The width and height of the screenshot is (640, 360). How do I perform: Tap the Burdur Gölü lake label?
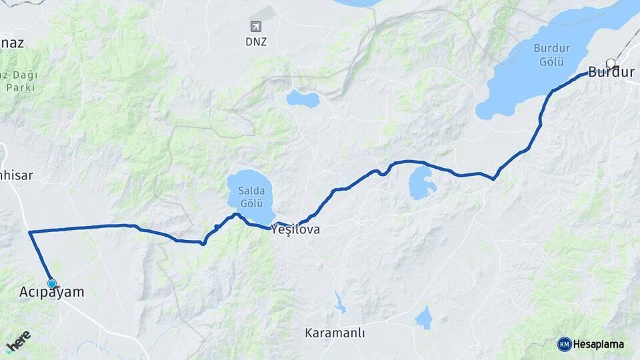pyautogui.click(x=549, y=55)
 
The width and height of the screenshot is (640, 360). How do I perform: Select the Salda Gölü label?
pyautogui.click(x=251, y=197)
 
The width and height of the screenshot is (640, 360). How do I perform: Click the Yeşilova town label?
pyautogui.click(x=295, y=230)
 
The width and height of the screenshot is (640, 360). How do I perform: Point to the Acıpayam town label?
pyautogui.click(x=52, y=293)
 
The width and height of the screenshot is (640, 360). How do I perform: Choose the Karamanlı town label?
pyautogui.click(x=335, y=333)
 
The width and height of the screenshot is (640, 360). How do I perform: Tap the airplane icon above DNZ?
pyautogui.click(x=255, y=27)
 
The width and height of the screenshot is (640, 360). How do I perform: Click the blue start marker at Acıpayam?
pyautogui.click(x=52, y=283)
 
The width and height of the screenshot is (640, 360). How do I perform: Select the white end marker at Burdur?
pyautogui.click(x=610, y=64)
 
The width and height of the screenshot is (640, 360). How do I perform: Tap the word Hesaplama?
pyautogui.click(x=599, y=344)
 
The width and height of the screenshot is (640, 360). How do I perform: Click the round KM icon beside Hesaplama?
pyautogui.click(x=564, y=344)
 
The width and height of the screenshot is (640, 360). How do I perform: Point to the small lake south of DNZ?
pyautogui.click(x=303, y=99)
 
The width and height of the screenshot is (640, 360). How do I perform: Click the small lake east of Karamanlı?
pyautogui.click(x=424, y=318)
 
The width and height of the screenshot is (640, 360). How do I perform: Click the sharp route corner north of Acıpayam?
pyautogui.click(x=30, y=232)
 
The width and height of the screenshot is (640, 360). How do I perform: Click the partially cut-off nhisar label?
pyautogui.click(x=16, y=176)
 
